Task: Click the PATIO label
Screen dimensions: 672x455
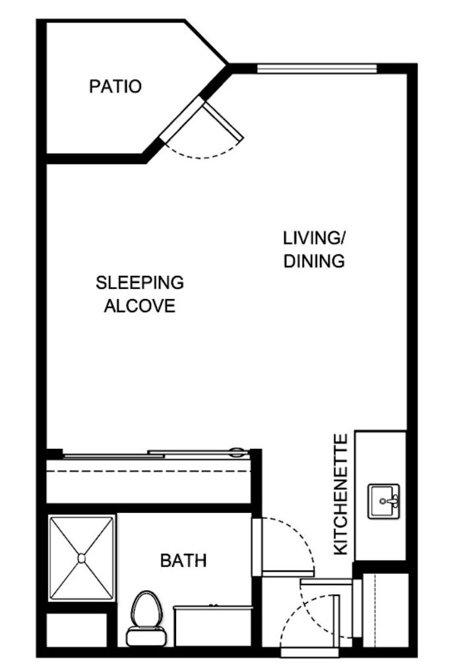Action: (115, 86)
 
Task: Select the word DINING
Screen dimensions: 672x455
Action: (314, 261)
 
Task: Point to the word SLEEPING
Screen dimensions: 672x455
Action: (140, 283)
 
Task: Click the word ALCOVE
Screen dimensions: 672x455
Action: (140, 306)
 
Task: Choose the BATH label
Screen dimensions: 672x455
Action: (183, 561)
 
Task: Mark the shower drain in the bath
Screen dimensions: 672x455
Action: (82, 558)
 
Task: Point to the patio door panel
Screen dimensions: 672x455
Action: (223, 121)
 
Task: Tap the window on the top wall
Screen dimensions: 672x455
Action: (317, 68)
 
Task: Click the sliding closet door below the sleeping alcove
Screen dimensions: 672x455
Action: (152, 454)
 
